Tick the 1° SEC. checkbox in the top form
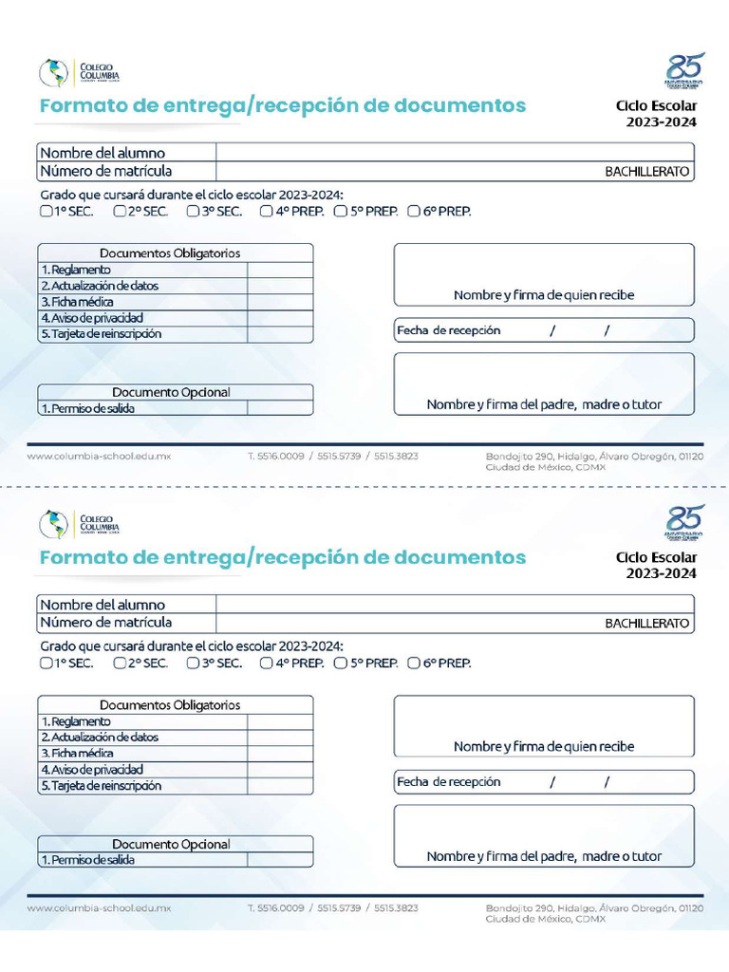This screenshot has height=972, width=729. [x=46, y=212]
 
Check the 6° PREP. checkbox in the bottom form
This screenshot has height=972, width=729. [x=414, y=664]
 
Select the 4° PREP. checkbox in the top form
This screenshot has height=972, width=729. [x=267, y=212]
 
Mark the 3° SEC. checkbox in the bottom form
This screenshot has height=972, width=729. [x=193, y=664]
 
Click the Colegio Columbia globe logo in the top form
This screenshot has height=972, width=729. [x=53, y=73]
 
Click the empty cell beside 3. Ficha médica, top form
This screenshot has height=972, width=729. [x=280, y=302]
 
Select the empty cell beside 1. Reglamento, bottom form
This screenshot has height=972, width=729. [x=280, y=721]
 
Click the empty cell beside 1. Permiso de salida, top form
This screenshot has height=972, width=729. [x=280, y=408]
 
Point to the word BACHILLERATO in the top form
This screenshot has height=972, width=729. [x=647, y=173]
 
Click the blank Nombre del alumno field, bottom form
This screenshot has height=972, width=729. [x=455, y=604]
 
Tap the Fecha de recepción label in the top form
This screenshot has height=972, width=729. [x=449, y=330]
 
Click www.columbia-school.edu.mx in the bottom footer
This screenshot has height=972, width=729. [x=99, y=908]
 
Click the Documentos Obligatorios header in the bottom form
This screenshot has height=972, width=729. [x=170, y=705]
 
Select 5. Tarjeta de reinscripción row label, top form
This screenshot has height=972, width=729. [x=102, y=334]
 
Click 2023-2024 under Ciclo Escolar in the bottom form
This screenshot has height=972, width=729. [x=661, y=573]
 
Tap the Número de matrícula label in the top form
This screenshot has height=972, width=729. [x=106, y=172]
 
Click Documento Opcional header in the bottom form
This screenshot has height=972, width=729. [x=171, y=844]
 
